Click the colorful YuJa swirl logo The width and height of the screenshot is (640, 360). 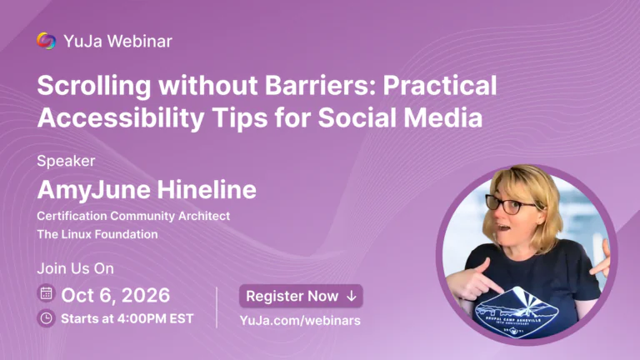pos(46,41)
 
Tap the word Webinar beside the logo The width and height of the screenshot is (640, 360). pos(140,41)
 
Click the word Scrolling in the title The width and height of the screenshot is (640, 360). pos(94,87)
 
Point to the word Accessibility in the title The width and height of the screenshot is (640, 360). pos(121,118)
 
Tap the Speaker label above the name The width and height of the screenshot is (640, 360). pos(66,161)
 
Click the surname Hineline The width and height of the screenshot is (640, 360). pos(207,190)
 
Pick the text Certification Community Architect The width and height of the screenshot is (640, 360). pos(133,216)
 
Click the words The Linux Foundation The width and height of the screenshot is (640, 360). pos(97,234)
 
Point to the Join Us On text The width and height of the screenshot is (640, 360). pos(76,268)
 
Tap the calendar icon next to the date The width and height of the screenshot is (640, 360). pos(46,293)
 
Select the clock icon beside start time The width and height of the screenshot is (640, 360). pos(46,318)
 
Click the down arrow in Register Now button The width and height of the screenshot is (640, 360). pos(352,297)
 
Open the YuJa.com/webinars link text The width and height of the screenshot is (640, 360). pos(300,320)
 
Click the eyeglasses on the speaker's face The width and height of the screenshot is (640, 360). pos(511,204)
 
